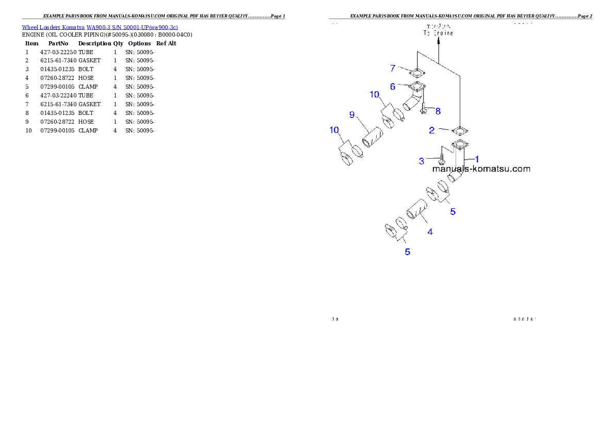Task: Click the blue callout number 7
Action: (393, 68)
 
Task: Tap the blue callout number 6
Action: (393, 87)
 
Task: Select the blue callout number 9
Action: (352, 114)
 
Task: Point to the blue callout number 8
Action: (438, 110)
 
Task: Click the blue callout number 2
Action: (432, 130)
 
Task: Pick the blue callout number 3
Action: (422, 161)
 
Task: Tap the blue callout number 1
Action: (477, 159)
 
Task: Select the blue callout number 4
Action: (430, 232)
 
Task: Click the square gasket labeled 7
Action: (416, 72)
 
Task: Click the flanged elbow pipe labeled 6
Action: (414, 98)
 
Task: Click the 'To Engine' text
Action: (437, 33)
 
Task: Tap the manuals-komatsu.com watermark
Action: (481, 169)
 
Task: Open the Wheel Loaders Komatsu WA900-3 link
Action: (100, 27)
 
